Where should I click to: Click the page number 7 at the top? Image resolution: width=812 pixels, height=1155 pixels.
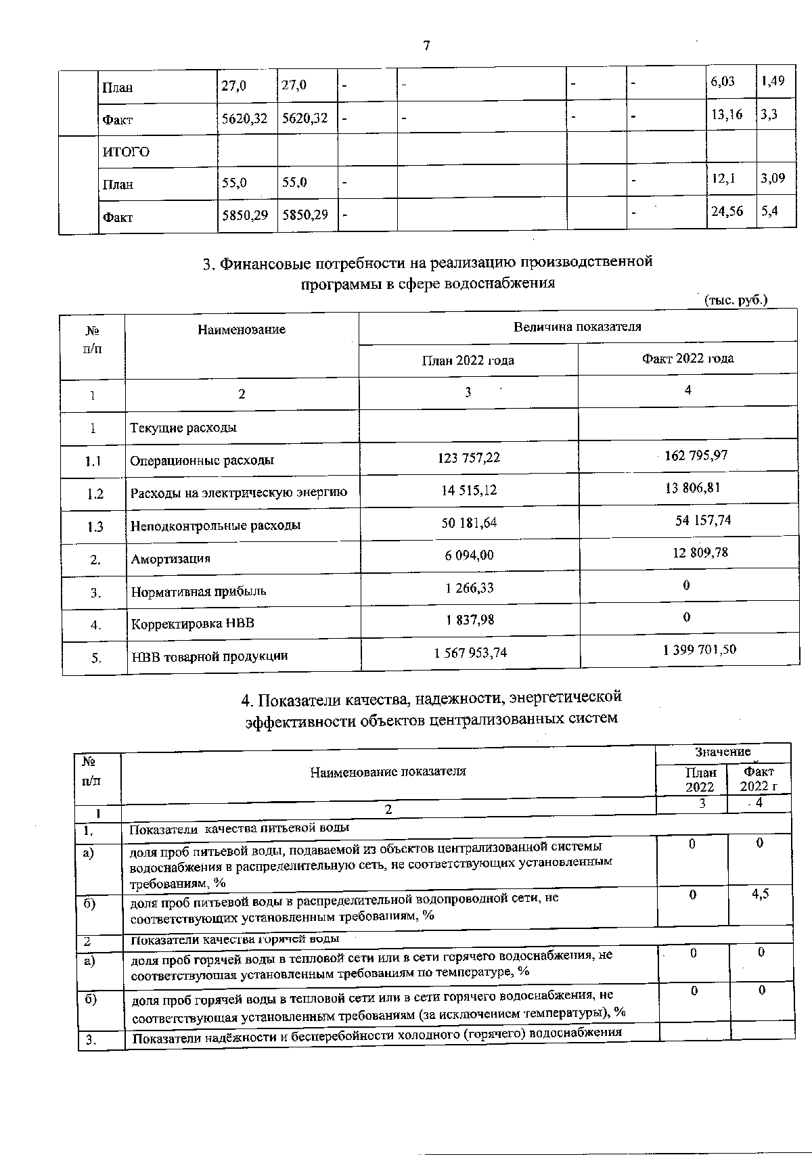[x=426, y=46]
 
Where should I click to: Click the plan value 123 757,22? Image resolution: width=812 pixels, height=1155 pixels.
[x=469, y=458]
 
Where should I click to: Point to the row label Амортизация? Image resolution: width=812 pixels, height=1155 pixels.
[x=171, y=559]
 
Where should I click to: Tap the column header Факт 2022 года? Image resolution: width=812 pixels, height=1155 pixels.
[x=687, y=358]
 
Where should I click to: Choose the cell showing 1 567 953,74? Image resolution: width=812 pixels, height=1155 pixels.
[x=470, y=653]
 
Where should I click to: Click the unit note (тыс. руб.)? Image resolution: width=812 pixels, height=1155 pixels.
[x=736, y=300]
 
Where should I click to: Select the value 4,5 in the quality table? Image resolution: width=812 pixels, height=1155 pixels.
[x=761, y=894]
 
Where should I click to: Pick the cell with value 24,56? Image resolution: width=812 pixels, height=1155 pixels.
[x=727, y=211]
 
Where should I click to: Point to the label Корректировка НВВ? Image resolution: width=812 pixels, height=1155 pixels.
[x=192, y=623]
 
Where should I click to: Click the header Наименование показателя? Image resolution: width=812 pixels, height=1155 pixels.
[x=388, y=771]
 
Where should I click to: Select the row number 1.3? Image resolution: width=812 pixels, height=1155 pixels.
[x=95, y=526]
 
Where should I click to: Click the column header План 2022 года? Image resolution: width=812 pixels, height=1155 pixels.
[x=468, y=360]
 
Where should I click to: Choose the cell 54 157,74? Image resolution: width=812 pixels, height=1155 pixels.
[x=703, y=520]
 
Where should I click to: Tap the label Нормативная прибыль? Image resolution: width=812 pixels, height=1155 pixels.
[x=198, y=591]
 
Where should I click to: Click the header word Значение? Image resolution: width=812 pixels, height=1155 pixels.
[x=723, y=752]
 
